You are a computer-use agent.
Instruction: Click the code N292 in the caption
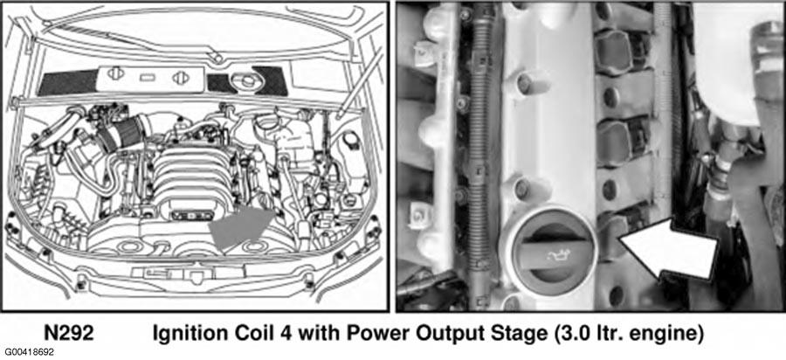coord(69,333)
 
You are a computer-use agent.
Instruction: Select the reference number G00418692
coord(28,353)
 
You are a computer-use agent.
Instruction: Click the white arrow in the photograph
coord(668,248)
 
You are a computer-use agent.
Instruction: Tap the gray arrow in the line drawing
coord(242,227)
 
